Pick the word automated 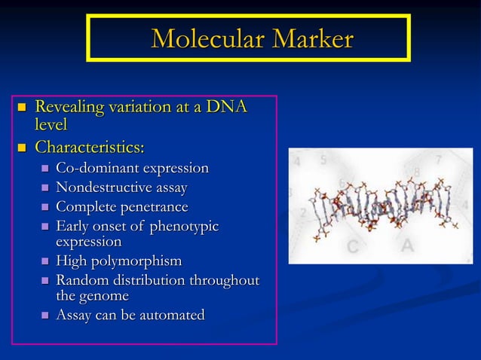point(171,315)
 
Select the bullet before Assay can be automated point(45,316)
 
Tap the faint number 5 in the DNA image point(323,160)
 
